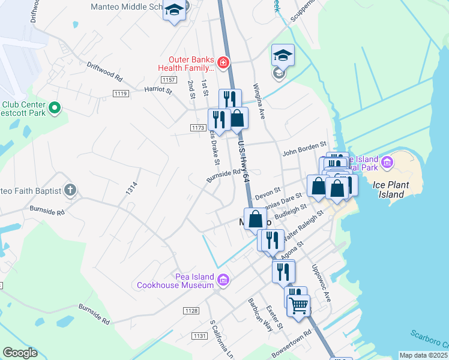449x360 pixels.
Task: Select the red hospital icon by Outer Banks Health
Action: point(223,62)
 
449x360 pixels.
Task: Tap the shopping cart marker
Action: point(298,305)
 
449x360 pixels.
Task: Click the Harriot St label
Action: point(158,91)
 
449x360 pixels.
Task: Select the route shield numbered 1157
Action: point(169,80)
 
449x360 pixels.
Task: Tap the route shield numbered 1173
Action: point(197,128)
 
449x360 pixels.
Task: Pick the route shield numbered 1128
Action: point(191,310)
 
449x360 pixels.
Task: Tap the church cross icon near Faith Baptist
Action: point(70,191)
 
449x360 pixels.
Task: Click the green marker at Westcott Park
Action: point(55,109)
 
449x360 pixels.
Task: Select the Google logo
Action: point(20,353)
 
